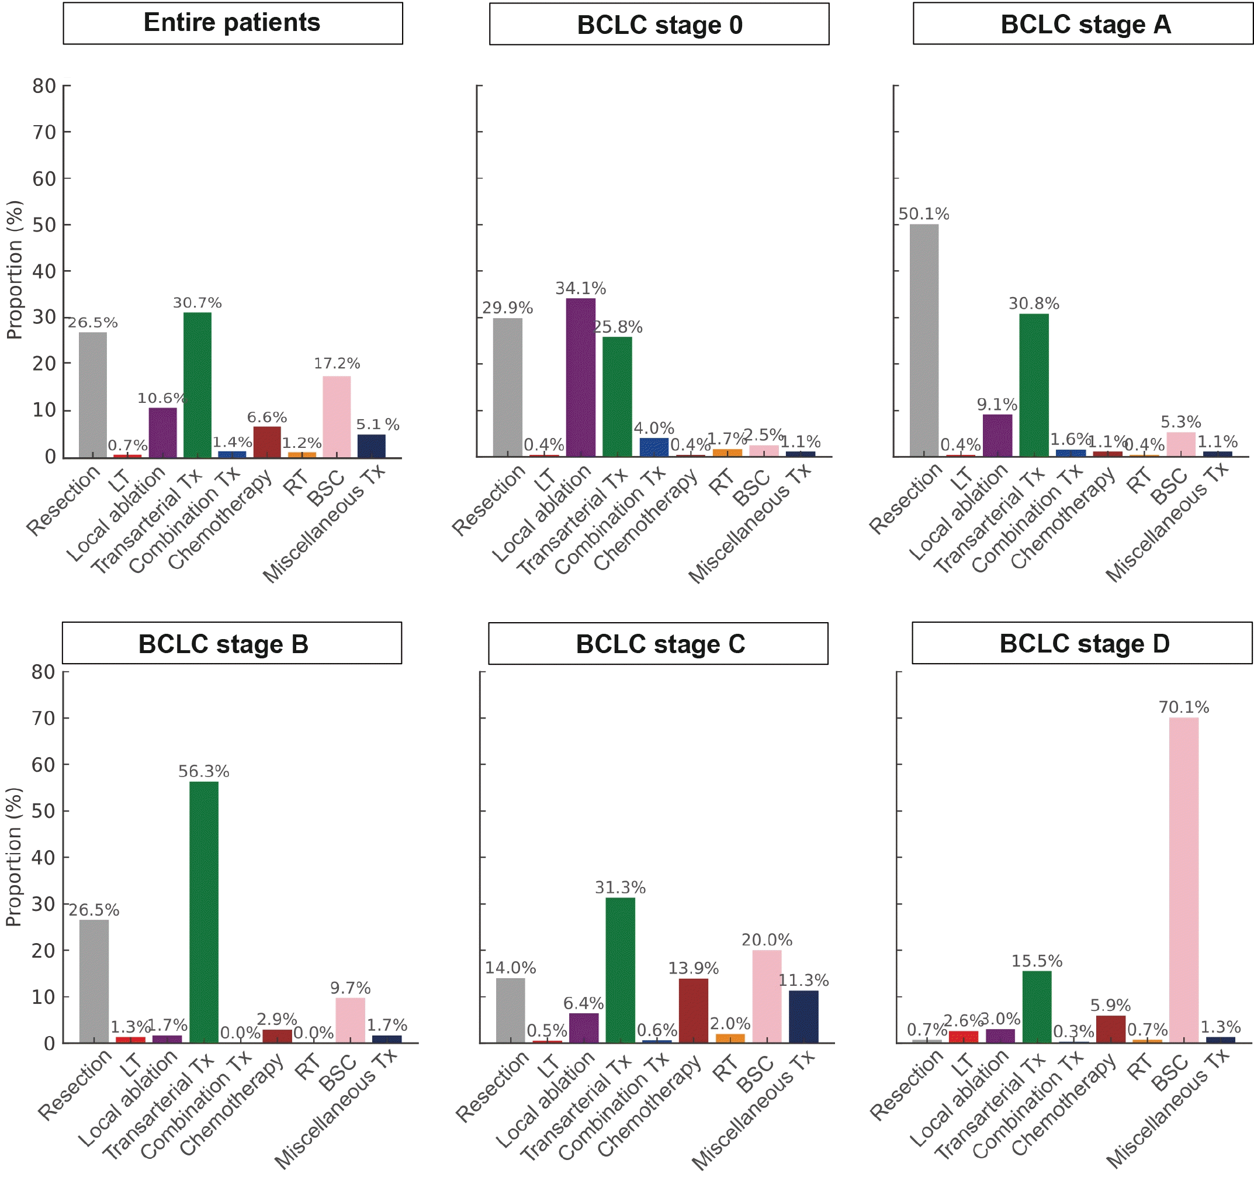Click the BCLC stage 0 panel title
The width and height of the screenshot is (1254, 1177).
[659, 25]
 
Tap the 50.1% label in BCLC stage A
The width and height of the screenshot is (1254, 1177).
[923, 214]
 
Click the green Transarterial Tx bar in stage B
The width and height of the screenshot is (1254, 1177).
[204, 912]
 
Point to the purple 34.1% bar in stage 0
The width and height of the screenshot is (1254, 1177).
[580, 377]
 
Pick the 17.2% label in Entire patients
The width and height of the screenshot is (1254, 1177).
[337, 364]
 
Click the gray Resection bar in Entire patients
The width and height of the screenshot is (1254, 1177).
[93, 395]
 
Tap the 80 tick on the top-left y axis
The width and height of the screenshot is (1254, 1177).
[44, 86]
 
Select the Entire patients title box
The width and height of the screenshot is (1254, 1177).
[232, 23]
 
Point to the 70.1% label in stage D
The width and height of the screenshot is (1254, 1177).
[1183, 707]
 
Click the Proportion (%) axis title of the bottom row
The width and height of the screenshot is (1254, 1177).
[14, 857]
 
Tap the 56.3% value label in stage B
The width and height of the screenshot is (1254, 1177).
[203, 771]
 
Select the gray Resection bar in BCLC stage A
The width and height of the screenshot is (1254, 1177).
[923, 340]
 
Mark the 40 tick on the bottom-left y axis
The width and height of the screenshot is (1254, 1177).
[43, 857]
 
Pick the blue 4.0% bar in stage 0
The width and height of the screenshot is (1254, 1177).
[653, 447]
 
